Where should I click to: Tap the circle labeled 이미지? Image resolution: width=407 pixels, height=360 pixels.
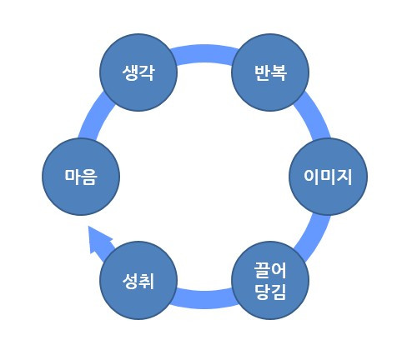(328, 176)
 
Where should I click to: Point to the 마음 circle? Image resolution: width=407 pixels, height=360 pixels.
(81, 176)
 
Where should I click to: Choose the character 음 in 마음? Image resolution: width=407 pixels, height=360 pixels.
(90, 176)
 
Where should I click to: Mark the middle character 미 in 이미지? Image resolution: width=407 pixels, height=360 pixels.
(328, 176)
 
